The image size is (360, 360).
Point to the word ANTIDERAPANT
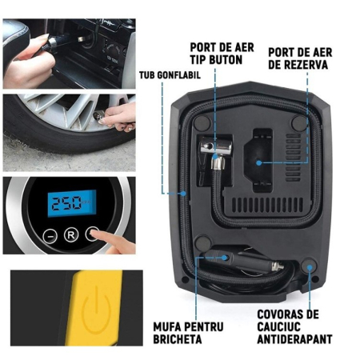coord(296,339)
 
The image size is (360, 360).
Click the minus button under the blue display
coord(50,236)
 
